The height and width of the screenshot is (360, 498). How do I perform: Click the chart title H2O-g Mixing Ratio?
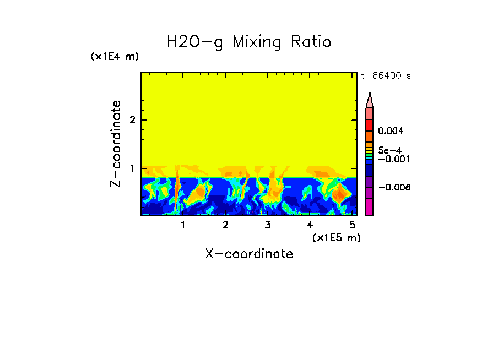tap(249, 42)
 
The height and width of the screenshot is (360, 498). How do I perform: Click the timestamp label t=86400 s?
tap(386, 76)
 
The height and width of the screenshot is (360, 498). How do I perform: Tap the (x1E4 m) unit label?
tap(115, 57)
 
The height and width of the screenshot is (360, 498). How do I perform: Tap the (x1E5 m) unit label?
tap(336, 237)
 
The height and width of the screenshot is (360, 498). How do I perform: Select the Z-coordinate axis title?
tap(116, 144)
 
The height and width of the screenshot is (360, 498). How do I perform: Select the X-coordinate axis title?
tap(249, 254)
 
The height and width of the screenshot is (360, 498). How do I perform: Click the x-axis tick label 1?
tap(183, 225)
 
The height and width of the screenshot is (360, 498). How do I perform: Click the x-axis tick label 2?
tap(225, 225)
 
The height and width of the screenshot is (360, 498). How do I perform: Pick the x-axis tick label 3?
tap(268, 225)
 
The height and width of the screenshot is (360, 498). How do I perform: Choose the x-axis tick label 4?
tap(310, 225)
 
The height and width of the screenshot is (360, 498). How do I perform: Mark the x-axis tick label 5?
tap(352, 225)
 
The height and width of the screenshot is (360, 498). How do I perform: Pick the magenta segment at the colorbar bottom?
tap(370, 207)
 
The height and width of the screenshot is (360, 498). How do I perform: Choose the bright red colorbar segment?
tap(370, 124)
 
